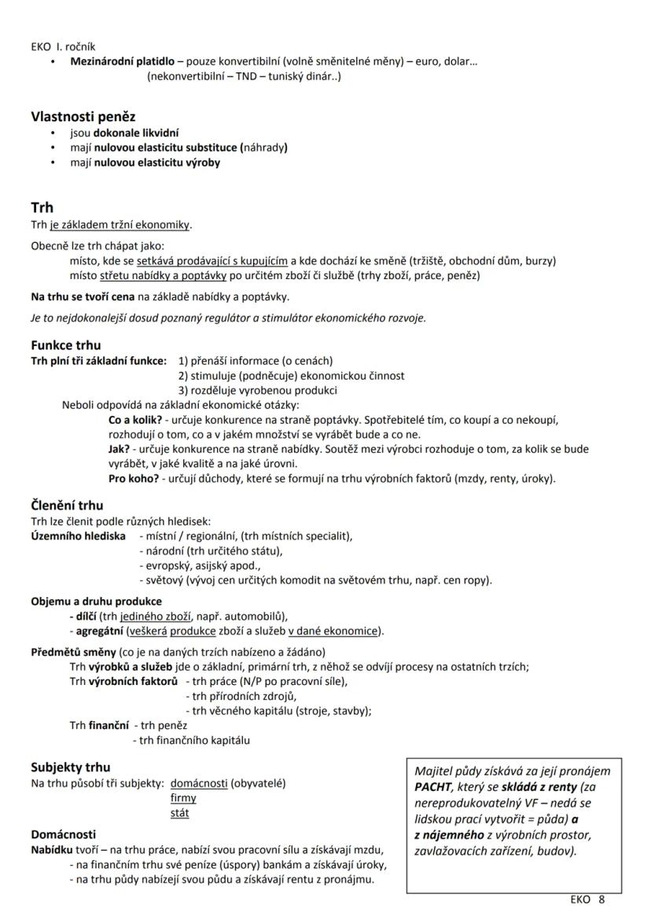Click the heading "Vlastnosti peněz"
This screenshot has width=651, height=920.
point(83,117)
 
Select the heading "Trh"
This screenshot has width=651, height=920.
point(42,208)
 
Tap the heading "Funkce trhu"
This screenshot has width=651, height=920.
point(66,345)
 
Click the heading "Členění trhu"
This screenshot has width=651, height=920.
point(67,506)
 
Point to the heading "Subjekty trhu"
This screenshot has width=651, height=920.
point(71,767)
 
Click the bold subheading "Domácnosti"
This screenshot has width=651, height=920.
point(64,834)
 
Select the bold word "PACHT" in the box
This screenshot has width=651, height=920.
point(433,786)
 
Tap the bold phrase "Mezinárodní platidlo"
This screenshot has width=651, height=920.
point(122,61)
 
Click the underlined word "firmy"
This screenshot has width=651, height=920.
point(183,798)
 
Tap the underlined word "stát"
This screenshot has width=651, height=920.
point(179,813)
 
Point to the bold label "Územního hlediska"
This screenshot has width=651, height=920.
point(78,535)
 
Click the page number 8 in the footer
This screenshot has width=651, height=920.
point(601,900)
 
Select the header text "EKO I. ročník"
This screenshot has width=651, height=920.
point(64,46)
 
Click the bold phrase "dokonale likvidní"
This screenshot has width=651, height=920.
point(136,134)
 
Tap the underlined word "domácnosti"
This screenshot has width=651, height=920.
point(199,783)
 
